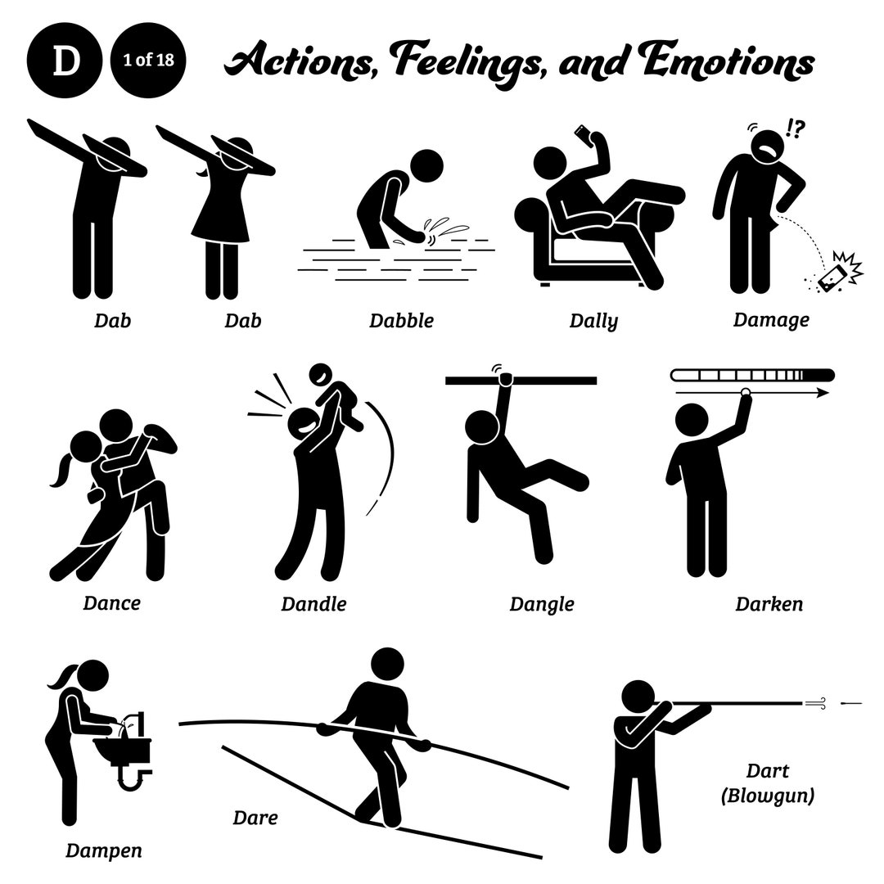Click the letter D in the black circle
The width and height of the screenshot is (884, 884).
click(x=65, y=63)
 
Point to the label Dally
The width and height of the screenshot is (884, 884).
click(x=593, y=321)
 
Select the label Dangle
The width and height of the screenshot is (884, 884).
click(x=541, y=604)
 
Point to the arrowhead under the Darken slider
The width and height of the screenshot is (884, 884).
click(x=823, y=393)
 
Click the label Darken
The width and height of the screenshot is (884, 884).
click(x=769, y=604)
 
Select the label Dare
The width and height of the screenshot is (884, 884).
click(x=255, y=817)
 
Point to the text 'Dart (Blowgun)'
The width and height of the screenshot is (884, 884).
click(x=768, y=783)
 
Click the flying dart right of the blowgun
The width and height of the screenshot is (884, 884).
click(x=851, y=702)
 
